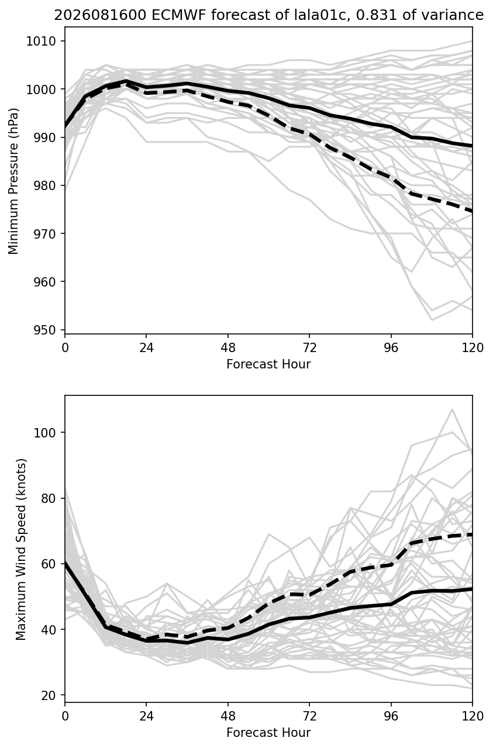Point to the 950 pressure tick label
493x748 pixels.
click(x=44, y=330)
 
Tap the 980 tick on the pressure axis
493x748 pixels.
click(x=44, y=185)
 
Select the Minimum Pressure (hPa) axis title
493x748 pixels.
click(x=13, y=181)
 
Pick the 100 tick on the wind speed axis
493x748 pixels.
click(x=44, y=432)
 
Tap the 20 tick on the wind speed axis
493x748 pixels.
click(x=48, y=695)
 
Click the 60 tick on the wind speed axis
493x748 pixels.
click(x=48, y=564)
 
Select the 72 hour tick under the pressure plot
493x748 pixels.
click(x=309, y=348)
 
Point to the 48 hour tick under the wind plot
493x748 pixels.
click(x=228, y=716)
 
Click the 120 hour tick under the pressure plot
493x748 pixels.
click(x=473, y=348)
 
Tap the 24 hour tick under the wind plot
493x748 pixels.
click(x=146, y=716)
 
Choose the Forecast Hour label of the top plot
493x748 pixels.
click(x=268, y=364)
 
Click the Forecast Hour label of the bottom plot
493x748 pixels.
click(x=268, y=733)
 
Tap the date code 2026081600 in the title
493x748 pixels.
click(x=100, y=15)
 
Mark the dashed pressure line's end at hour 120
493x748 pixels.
click(x=473, y=211)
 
